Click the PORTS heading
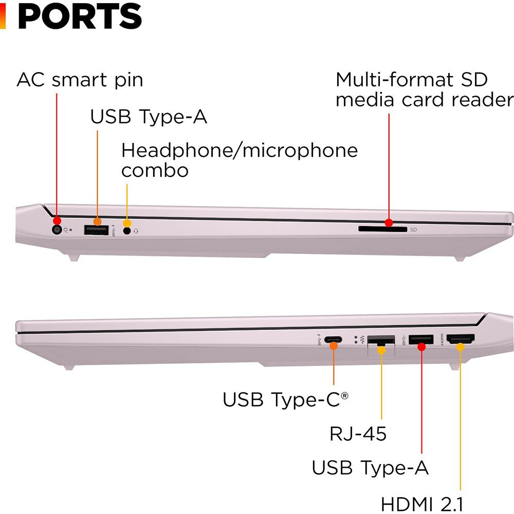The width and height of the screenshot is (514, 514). [x=80, y=16]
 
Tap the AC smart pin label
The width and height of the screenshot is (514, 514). [x=80, y=80]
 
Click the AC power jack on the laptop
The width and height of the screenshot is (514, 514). [x=57, y=230]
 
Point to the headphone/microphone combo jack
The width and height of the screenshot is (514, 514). [x=127, y=231]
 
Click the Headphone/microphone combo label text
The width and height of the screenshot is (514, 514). [x=239, y=160]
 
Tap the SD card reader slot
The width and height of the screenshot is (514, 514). [x=382, y=229]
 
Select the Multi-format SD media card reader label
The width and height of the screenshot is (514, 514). [x=424, y=89]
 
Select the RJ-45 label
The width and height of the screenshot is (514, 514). [x=358, y=434]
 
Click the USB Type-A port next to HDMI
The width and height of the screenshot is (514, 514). [x=421, y=340]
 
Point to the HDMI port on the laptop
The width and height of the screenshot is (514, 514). [x=461, y=339]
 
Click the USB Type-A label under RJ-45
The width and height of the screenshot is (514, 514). [x=370, y=468]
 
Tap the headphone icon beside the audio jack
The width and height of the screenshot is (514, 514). [x=136, y=231]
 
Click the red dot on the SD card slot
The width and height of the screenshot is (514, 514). [x=389, y=223]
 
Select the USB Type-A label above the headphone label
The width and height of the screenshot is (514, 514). [x=149, y=117]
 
